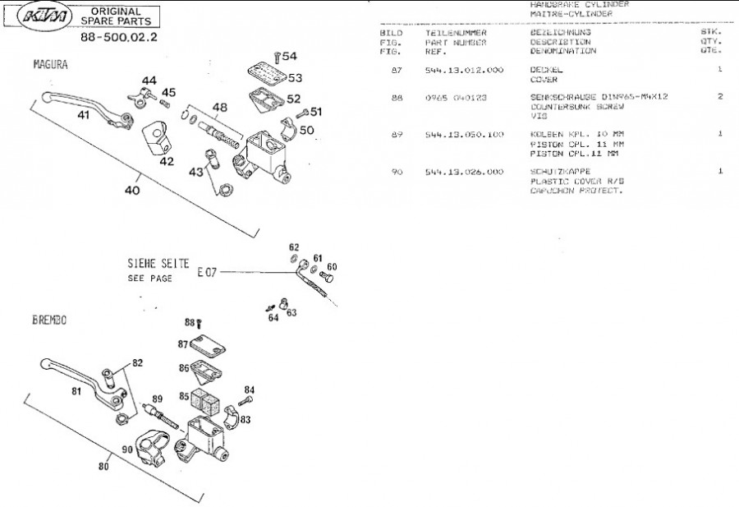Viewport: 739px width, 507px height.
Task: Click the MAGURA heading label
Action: [50, 64]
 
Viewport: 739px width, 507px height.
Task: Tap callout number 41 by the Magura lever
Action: [84, 115]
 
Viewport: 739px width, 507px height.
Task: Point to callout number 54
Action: [291, 56]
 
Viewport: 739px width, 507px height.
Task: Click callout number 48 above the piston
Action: [220, 107]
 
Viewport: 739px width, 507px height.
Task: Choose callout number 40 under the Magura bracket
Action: [132, 190]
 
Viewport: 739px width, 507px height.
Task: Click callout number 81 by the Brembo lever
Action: [76, 392]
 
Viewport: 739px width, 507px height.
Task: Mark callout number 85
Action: [185, 396]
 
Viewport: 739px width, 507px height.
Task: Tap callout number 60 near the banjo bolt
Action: [332, 266]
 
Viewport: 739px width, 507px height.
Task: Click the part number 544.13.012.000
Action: [464, 70]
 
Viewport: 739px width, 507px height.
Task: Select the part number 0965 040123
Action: [456, 97]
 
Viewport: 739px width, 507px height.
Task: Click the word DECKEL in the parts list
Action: [545, 70]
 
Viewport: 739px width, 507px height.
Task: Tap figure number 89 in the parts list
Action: [397, 134]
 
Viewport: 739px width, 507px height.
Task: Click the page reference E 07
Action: [206, 270]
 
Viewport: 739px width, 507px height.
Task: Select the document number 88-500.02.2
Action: [120, 38]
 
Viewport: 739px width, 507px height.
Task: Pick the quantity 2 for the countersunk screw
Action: [719, 97]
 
